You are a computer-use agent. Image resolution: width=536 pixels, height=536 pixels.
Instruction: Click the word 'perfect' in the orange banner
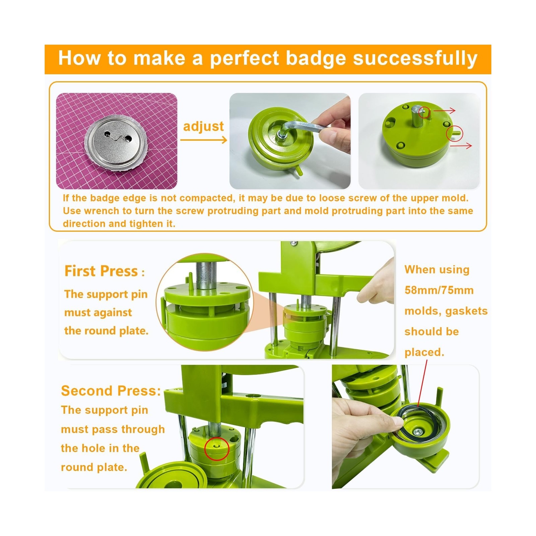245,59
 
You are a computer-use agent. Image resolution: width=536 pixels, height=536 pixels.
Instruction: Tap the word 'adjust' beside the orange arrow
203,126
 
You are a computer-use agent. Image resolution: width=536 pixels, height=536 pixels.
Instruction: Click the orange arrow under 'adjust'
204,140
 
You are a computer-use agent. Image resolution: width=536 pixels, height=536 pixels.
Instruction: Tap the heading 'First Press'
101,271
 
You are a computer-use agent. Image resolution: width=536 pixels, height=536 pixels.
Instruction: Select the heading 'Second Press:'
111,391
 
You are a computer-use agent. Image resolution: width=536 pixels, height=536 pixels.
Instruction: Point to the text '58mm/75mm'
439,290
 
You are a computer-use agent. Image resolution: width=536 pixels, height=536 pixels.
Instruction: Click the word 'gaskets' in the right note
466,311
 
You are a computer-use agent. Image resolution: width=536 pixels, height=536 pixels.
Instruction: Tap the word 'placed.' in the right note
424,352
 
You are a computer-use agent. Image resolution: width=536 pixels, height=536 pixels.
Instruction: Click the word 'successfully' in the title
415,59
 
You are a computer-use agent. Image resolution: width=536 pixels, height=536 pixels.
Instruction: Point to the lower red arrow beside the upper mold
461,145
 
